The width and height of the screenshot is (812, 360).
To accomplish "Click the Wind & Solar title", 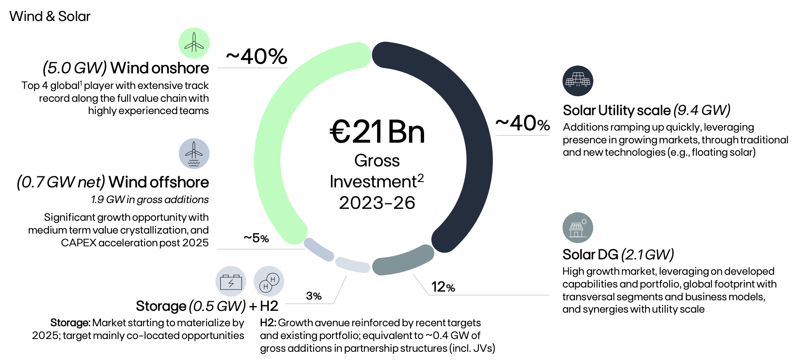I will (49, 16).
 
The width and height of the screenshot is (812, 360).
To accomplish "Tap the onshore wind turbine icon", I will (194, 43).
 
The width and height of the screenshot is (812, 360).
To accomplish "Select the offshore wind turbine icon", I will (194, 153).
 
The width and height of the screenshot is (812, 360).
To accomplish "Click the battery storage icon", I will (231, 281).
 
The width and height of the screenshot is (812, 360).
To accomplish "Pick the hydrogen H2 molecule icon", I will (269, 281).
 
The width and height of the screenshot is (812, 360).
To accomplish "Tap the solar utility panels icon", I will (578, 81).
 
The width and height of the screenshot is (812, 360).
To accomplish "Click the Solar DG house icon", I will (578, 228).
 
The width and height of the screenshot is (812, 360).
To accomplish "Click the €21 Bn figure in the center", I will (377, 132).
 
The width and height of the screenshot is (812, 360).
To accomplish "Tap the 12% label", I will (443, 287).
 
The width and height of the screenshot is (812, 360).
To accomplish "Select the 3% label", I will (314, 296).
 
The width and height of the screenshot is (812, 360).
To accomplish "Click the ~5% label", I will (256, 238).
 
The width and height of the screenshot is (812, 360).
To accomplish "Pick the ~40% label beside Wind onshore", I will (256, 56).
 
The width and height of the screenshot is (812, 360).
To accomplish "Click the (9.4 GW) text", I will (702, 110).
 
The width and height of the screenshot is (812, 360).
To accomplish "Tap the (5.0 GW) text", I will (75, 68).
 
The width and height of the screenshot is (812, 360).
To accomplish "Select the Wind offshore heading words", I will (159, 182).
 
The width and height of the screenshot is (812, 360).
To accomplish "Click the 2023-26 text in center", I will (377, 203).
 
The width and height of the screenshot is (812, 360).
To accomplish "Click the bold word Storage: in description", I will (70, 323).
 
